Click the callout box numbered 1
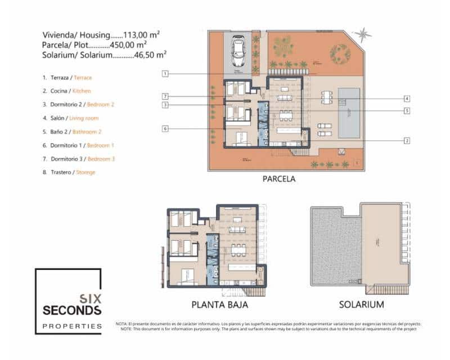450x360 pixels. (x=165, y=73)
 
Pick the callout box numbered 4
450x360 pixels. (x=407, y=98)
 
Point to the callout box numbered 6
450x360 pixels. (x=165, y=129)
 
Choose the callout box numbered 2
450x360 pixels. (x=407, y=141)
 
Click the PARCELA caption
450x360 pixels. (x=279, y=179)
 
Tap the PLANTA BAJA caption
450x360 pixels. (x=220, y=305)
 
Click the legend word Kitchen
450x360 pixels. (x=81, y=91)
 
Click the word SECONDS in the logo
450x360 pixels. (x=72, y=310)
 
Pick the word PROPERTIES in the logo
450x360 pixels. (x=72, y=326)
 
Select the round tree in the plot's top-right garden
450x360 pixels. (x=340, y=53)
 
